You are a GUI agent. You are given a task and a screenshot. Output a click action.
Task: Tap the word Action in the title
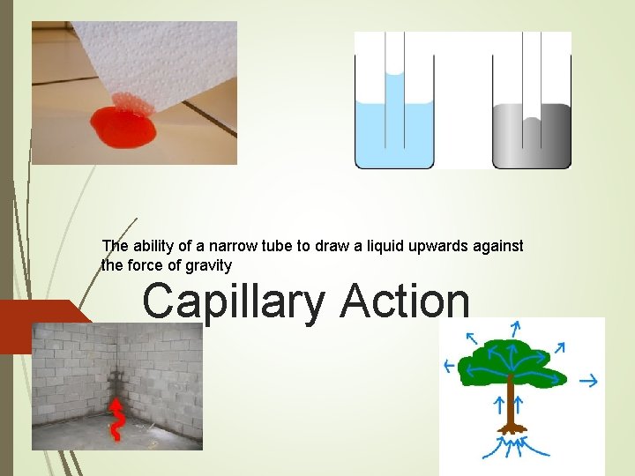click(405, 301)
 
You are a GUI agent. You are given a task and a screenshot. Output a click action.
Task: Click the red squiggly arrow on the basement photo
click(116, 419)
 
